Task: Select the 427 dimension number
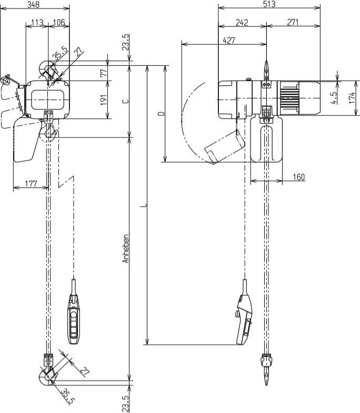click(x=229, y=40)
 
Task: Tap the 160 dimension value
click(x=298, y=177)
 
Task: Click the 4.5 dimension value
click(x=335, y=97)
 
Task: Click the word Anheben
click(x=125, y=249)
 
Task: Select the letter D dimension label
click(x=161, y=113)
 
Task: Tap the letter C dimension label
click(x=125, y=101)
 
